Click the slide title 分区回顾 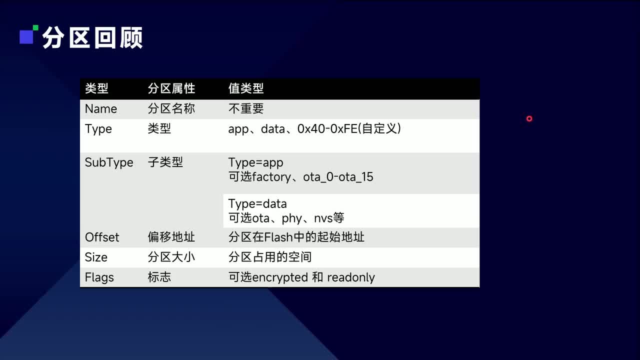coord(92,37)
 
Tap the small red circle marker coord(529,118)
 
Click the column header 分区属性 coord(171,89)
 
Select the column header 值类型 coord(245,89)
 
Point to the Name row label coord(101,109)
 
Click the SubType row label coord(109,162)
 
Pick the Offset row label coord(102,237)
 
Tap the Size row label coord(96,257)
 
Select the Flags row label coord(99,277)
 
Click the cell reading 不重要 coord(245,109)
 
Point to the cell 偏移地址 coord(171,237)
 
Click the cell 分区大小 coord(171,257)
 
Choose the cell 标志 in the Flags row coord(159,277)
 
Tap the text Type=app coord(255,162)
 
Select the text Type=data coord(257,204)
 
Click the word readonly coord(351,277)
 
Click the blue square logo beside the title coord(27,36)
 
